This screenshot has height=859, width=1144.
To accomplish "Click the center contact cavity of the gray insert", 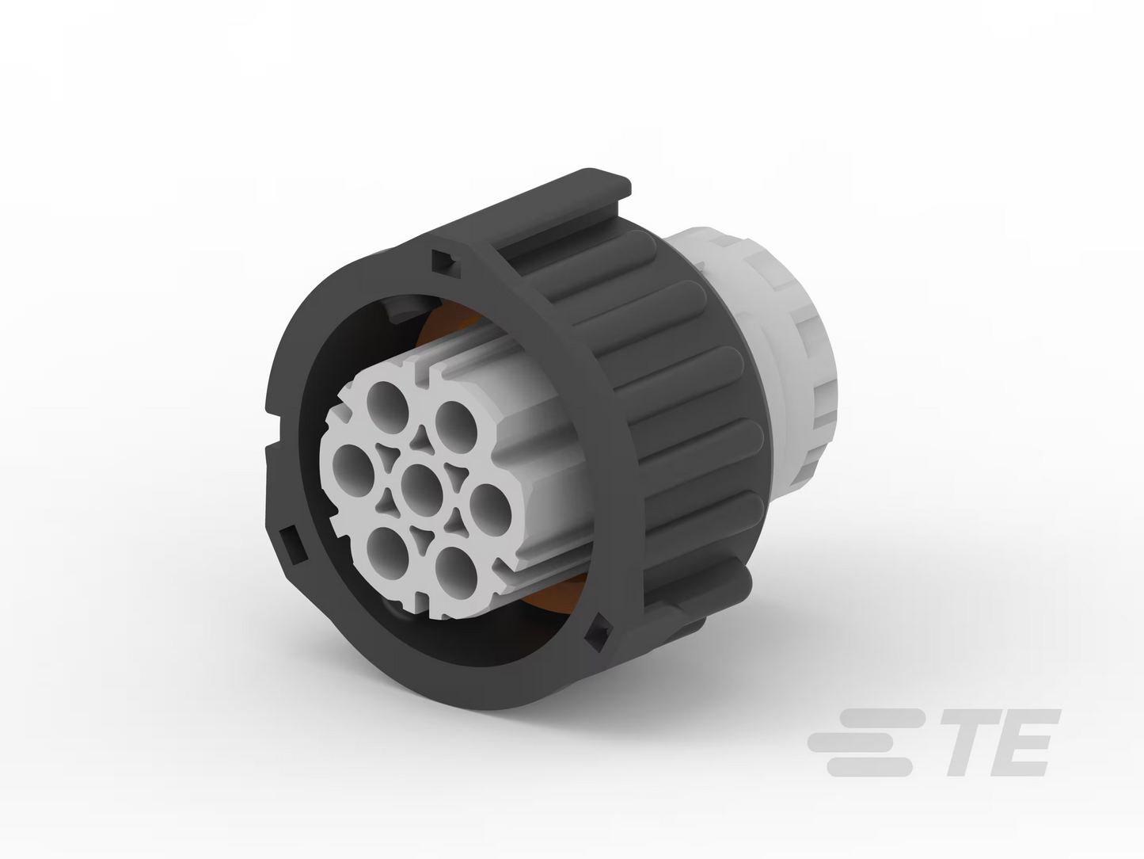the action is point(422,490).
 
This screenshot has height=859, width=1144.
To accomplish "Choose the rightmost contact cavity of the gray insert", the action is point(490,510).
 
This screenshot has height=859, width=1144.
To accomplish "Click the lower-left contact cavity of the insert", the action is point(388,553).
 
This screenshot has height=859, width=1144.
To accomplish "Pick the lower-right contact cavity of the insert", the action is point(456,574).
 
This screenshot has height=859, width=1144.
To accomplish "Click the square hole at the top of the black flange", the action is point(446,264).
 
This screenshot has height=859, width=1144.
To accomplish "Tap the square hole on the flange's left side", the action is point(292,545).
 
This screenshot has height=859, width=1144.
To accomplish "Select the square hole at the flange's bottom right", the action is point(599,633).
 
